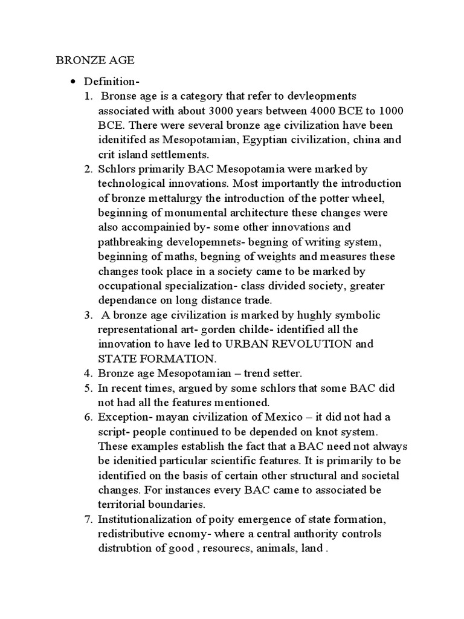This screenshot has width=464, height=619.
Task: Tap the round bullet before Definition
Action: point(72,82)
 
